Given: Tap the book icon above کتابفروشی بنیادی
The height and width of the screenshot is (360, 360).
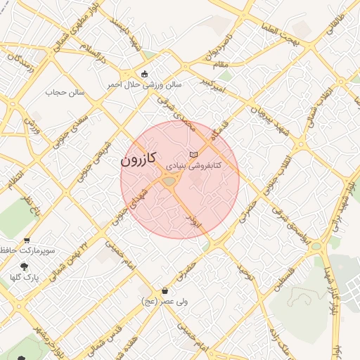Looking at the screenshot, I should click(x=194, y=154).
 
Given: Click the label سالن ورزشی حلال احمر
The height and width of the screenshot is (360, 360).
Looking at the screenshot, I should click(x=144, y=84).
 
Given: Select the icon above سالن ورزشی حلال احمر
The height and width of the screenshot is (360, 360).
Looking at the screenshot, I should click(x=145, y=74).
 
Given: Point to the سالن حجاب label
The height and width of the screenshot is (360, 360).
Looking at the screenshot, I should click(x=65, y=92).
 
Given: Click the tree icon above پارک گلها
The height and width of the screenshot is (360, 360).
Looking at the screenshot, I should click(x=25, y=266).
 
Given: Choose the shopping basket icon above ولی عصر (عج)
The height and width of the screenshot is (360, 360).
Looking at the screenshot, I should click(x=165, y=290).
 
